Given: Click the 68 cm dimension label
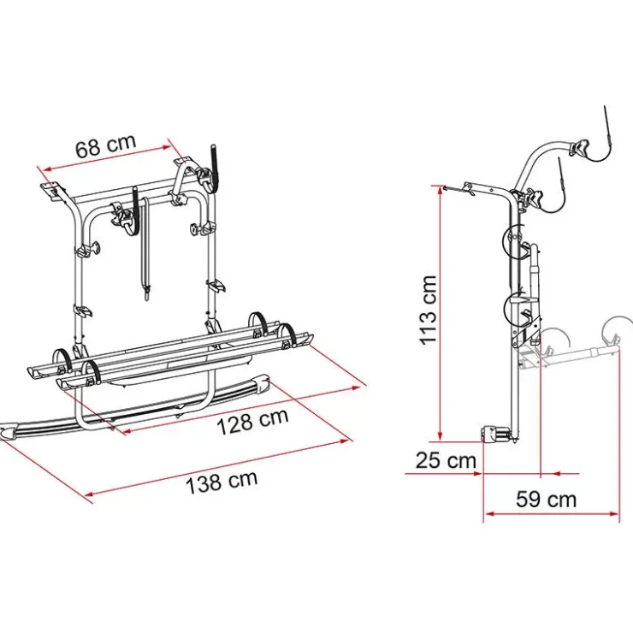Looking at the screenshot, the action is click(x=106, y=145).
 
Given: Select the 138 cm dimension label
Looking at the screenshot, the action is click(x=222, y=481).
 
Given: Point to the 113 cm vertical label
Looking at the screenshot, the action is click(x=428, y=310).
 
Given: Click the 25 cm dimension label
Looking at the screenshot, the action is click(x=446, y=460).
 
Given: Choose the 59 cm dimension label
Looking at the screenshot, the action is click(x=546, y=500).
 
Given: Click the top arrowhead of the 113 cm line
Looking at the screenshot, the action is click(x=441, y=190).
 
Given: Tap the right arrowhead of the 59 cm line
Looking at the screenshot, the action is click(x=613, y=514).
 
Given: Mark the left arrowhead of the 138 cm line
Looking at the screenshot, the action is click(x=90, y=494).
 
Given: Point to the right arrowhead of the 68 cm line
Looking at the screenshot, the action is click(x=168, y=148).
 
